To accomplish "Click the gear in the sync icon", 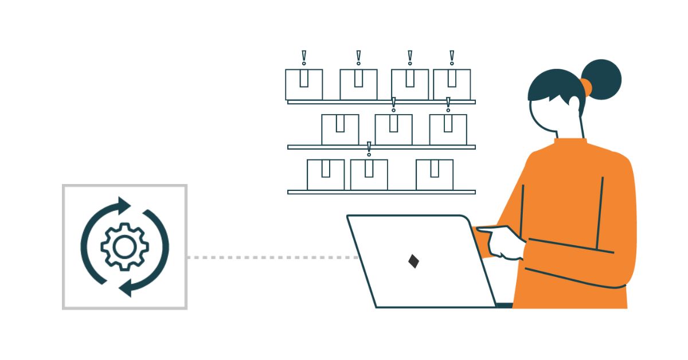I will (124, 246).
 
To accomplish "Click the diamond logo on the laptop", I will (413, 261).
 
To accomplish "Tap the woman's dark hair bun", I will (603, 78).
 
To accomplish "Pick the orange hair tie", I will (585, 87).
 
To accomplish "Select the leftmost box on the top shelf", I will (304, 84).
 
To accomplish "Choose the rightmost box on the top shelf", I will (452, 84).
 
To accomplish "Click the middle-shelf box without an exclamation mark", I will (340, 130).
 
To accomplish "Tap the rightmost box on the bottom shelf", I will (435, 174).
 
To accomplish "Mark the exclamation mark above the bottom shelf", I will (369, 149).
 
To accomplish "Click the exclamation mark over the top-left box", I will (304, 58).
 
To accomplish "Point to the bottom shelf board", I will (381, 192).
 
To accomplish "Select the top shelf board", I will (381, 102).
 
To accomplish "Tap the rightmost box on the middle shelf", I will (448, 130).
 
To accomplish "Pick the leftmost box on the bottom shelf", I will (326, 174).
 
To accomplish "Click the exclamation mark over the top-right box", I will (452, 58).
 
